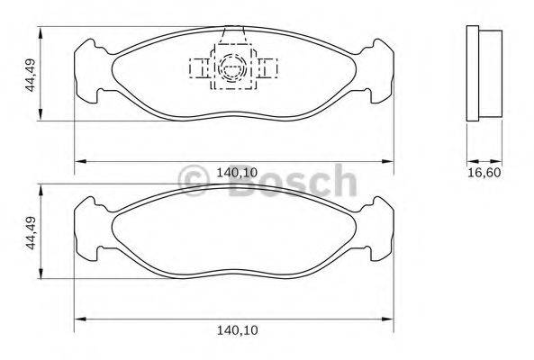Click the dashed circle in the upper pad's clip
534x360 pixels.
click(232, 66)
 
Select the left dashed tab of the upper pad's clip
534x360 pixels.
click(198, 67)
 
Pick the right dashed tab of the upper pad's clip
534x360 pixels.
click(267, 67)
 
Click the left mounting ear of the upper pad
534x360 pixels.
click(87, 72)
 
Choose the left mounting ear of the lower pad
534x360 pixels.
click(87, 230)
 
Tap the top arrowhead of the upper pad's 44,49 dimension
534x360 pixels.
click(41, 31)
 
